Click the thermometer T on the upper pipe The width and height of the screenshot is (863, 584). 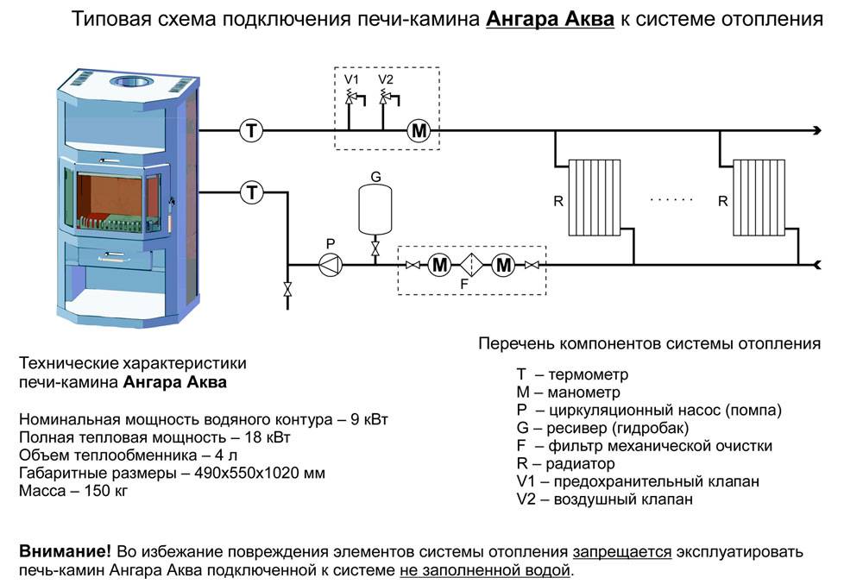click(251, 131)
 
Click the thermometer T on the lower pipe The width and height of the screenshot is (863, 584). click(251, 192)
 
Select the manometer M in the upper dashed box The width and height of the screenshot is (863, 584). click(419, 131)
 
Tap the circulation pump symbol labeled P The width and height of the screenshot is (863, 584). click(331, 265)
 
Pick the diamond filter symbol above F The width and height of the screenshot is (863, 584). click(471, 265)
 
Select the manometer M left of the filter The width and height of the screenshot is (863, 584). click(440, 265)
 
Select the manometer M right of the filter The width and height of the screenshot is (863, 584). click(503, 265)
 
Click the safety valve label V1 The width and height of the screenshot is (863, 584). click(351, 79)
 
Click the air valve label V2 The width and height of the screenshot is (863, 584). click(386, 79)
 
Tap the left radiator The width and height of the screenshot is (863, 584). click(595, 198)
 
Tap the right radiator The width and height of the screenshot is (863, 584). click(759, 198)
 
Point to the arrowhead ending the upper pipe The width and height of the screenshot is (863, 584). click(816, 131)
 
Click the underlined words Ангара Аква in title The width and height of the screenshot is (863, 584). click(551, 19)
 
